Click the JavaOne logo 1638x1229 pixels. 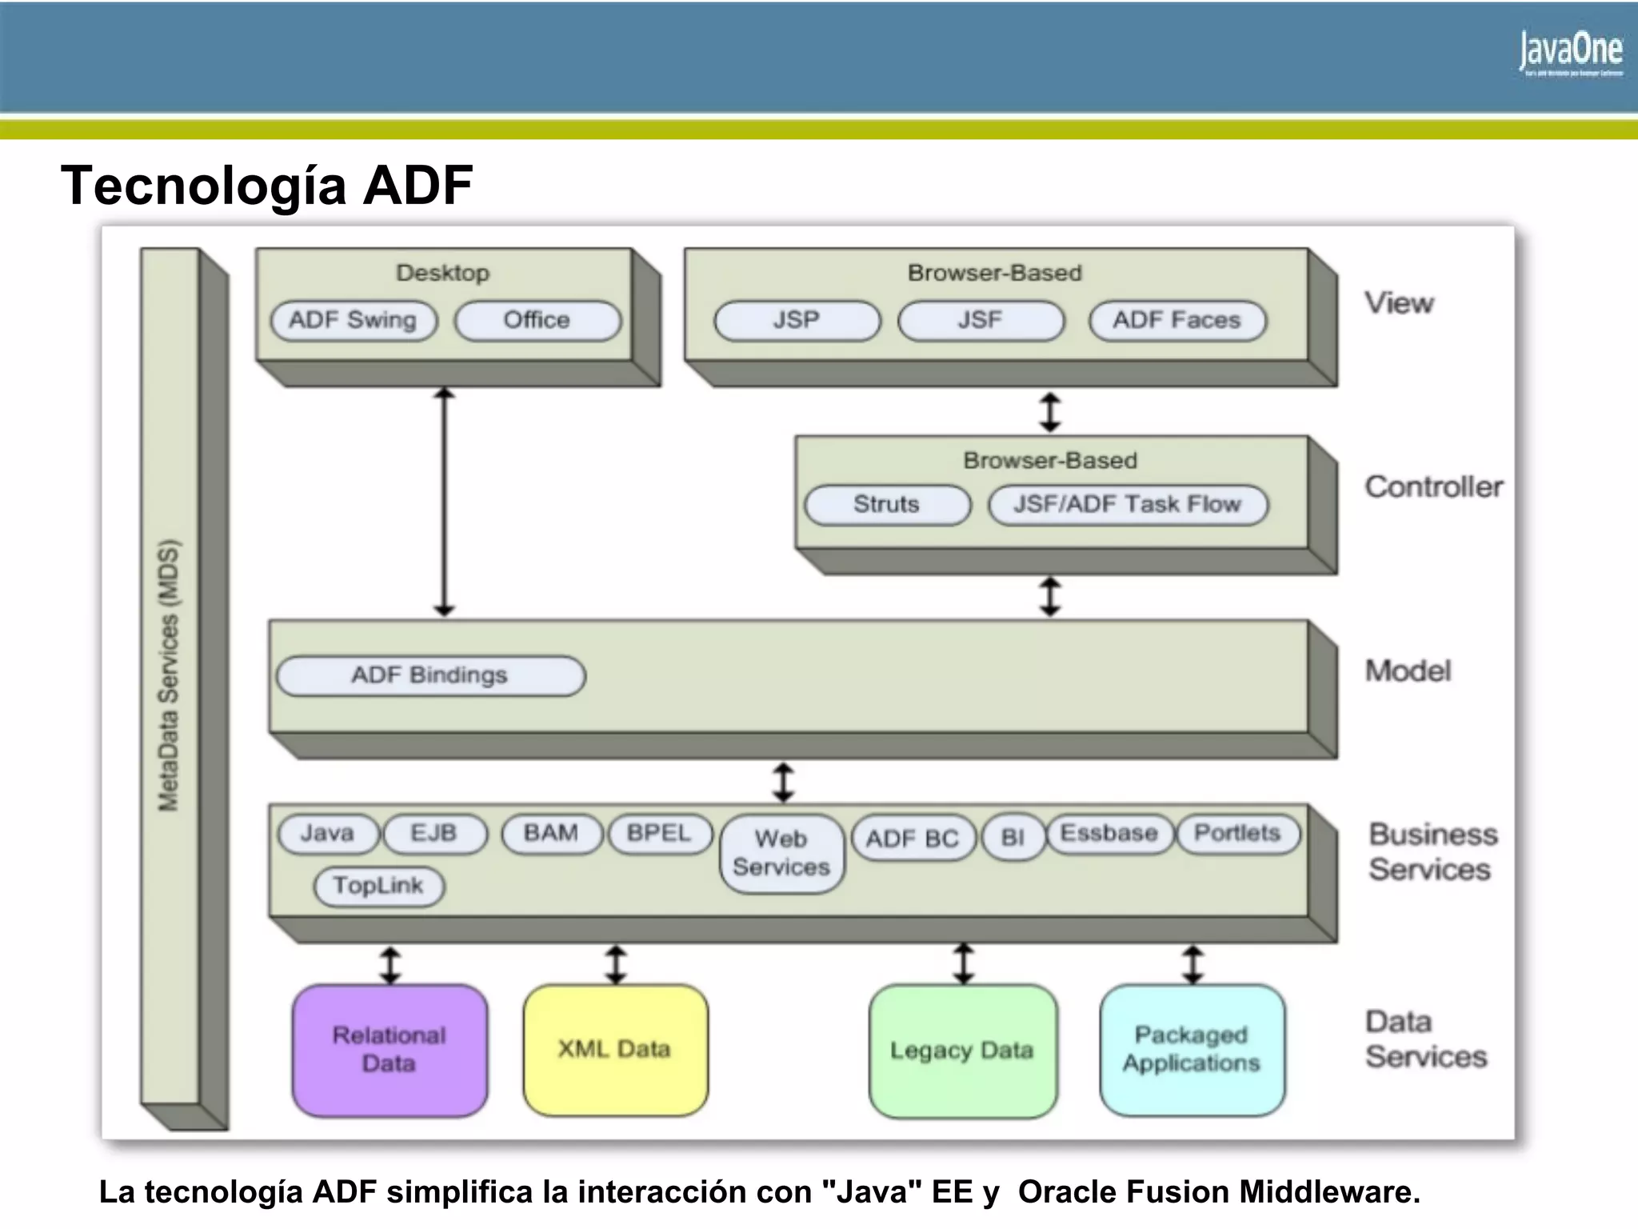point(1571,53)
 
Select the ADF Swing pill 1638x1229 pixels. point(354,320)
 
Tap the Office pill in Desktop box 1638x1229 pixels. point(537,320)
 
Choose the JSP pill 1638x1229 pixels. point(797,320)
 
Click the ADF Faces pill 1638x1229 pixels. point(1177,320)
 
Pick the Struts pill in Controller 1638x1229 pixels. point(886,504)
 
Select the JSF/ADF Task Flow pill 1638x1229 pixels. point(1127,504)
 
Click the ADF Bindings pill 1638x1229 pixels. point(430,675)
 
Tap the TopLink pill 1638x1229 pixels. point(378,886)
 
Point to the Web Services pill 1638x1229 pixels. point(781,853)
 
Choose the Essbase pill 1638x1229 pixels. point(1109,834)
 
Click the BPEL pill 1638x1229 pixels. point(659,834)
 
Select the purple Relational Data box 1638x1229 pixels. point(390,1050)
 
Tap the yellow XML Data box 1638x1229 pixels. point(615,1050)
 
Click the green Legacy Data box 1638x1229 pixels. point(962,1051)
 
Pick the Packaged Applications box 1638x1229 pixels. point(1192,1050)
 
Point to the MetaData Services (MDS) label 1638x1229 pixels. point(169,676)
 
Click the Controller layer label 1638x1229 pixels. point(1433,487)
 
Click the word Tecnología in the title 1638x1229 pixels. point(204,186)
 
